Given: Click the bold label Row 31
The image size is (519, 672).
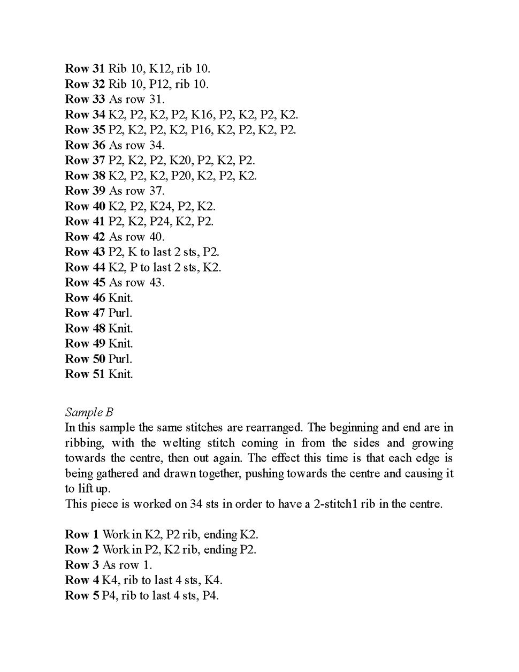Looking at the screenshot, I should pos(85,69).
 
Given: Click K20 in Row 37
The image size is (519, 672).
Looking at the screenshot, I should pos(181,160).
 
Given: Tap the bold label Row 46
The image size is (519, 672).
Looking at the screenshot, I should pos(85,298).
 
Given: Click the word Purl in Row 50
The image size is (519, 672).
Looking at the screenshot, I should pos(120,359).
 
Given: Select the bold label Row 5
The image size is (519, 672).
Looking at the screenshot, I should pos(81,595).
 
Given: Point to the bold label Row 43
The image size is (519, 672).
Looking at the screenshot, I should pos(85,252).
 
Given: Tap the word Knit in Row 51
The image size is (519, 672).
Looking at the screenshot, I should pos(120,374).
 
